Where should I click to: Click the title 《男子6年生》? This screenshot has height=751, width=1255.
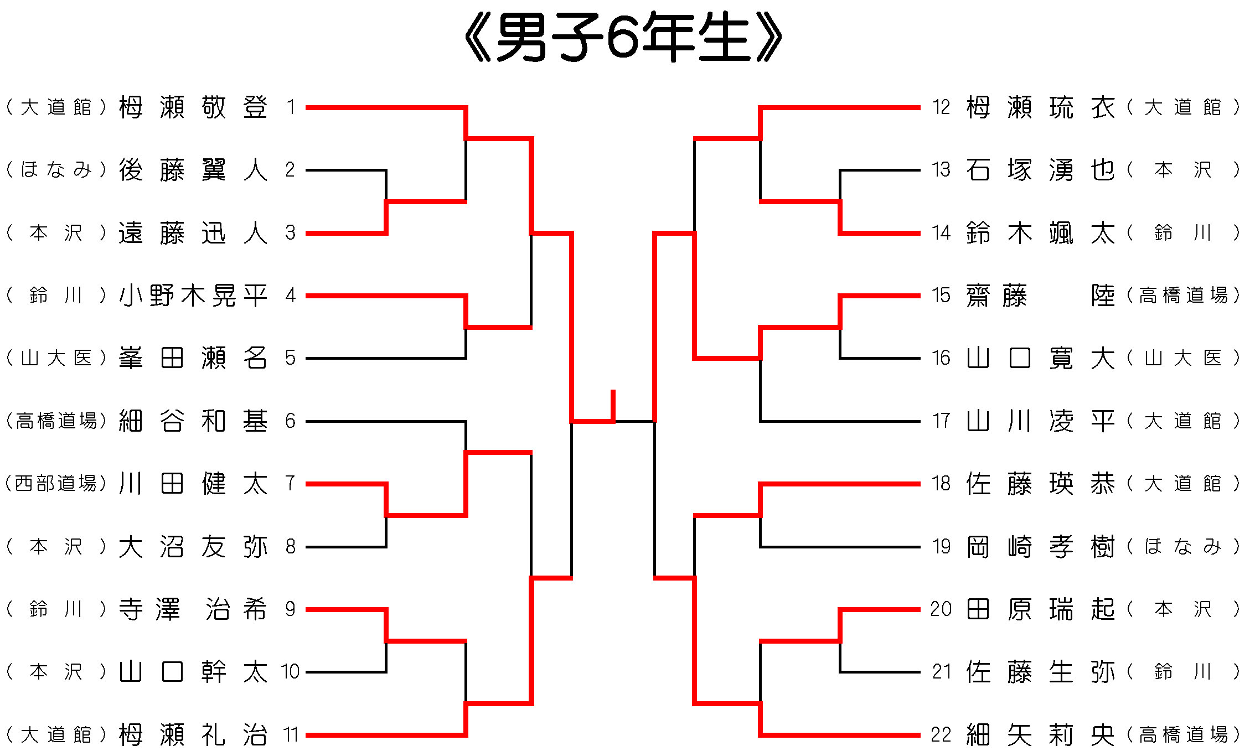coord(623,38)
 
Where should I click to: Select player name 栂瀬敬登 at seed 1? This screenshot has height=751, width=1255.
coord(193,107)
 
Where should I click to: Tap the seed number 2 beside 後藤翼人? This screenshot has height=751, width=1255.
coord(290,170)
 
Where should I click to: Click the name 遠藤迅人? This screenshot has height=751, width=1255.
coord(193,233)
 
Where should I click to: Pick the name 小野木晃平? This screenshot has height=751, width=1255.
coord(193,296)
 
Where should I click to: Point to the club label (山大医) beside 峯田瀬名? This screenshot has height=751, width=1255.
coord(56,358)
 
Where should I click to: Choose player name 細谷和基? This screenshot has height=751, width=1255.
coord(193,421)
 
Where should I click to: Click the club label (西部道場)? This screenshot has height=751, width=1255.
coord(56,484)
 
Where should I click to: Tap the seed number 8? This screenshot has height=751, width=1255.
coord(290,547)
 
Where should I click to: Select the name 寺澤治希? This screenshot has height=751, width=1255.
coord(193,609)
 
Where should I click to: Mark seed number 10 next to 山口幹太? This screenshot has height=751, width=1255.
coord(290,672)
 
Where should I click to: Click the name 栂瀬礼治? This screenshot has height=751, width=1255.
coord(193,735)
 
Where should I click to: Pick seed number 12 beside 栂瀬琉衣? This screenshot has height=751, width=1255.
coord(941,107)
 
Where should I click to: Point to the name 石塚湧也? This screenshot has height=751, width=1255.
coord(1040,170)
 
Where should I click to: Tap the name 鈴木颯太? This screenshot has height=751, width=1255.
coord(1040,233)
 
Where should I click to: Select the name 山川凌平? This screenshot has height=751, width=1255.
coord(1040,421)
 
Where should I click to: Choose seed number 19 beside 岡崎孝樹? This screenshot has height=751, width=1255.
coord(941,547)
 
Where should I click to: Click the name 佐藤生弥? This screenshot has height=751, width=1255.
coord(1040,672)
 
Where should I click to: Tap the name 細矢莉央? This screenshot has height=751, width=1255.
coord(1040,735)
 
